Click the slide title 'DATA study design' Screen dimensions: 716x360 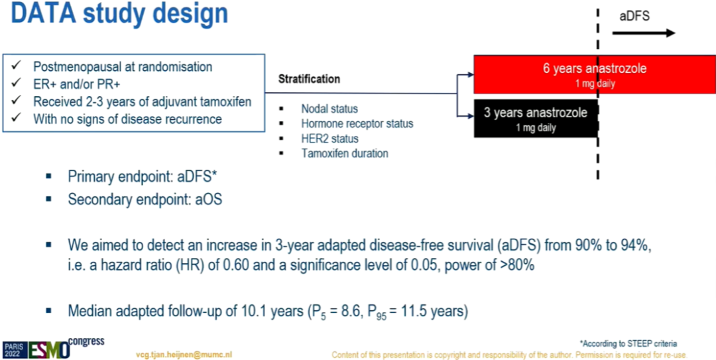pos(119,13)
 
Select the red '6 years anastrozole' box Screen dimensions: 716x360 pos(595,74)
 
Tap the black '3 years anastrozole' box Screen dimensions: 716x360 pos(536,118)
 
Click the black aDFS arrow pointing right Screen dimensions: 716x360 pos(643,33)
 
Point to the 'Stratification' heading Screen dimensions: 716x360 pos(309,79)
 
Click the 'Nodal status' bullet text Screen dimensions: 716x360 pos(329,109)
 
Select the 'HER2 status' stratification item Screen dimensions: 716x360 pos(329,139)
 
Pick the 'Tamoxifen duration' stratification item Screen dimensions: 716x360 pos(345,154)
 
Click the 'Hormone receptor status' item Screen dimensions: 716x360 pos(357,123)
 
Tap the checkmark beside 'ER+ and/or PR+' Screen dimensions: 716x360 pos(17,84)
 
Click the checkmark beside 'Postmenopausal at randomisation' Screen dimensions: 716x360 pos(17,66)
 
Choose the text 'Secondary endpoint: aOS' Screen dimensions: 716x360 pos(145,200)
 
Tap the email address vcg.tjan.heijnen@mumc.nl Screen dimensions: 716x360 pos(186,355)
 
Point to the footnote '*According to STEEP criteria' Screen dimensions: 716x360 pos(628,343)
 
